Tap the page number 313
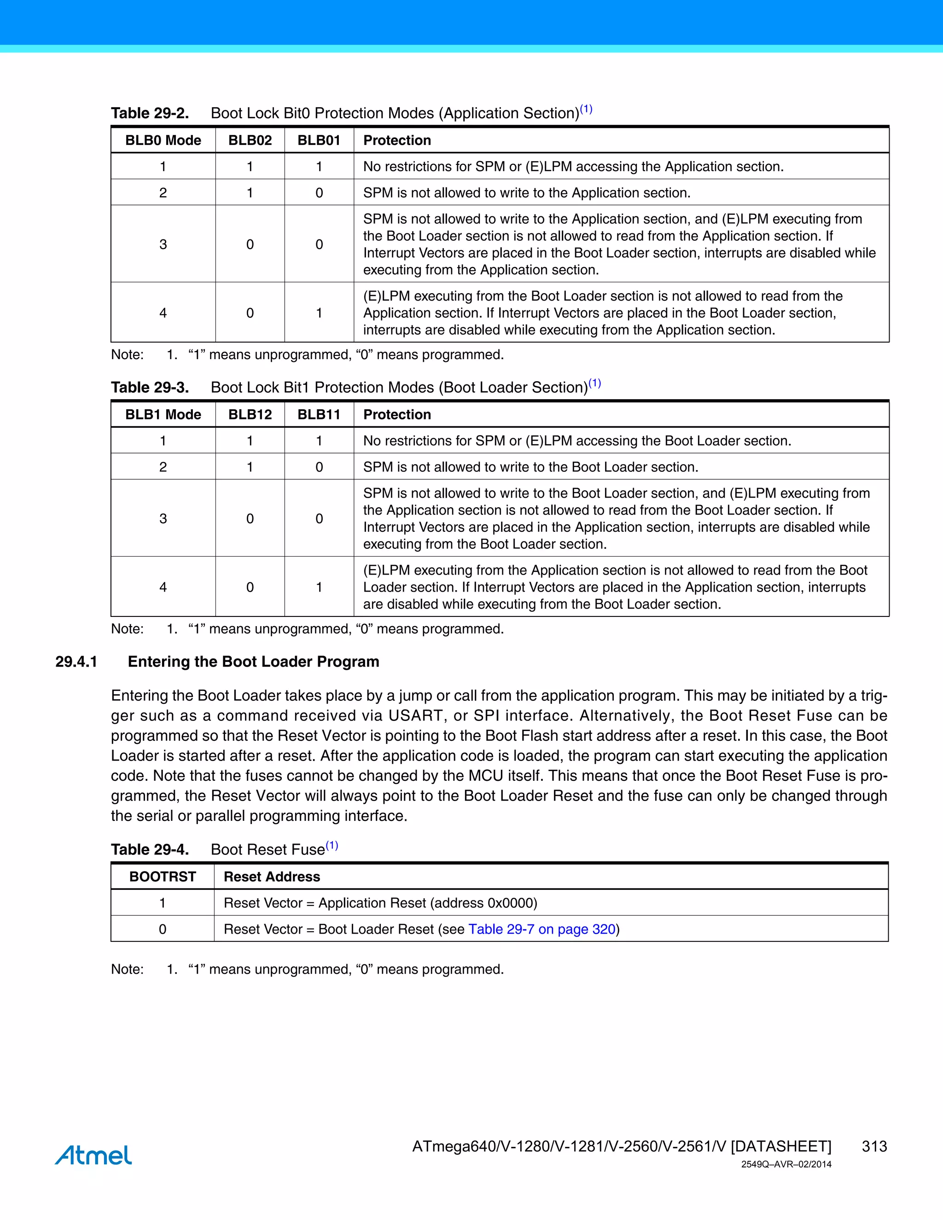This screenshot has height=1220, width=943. tap(874, 1146)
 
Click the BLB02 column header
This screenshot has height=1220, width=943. tap(250, 140)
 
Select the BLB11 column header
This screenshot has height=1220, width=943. tap(319, 414)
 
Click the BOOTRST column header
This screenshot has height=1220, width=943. tap(163, 877)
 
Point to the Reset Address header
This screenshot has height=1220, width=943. tap(272, 877)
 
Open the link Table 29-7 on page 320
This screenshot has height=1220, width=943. tap(541, 929)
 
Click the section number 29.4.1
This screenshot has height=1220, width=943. tap(76, 662)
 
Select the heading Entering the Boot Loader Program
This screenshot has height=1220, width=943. tap(253, 662)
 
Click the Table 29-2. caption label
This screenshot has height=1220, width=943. tap(150, 113)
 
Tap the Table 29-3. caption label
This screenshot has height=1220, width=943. tap(150, 388)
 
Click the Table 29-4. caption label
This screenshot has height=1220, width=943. tap(150, 850)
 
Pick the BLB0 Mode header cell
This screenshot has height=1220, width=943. tap(163, 140)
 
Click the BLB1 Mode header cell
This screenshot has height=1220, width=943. tap(163, 414)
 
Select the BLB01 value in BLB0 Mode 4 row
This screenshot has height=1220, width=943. tap(319, 313)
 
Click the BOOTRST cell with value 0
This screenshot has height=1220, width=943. tap(163, 929)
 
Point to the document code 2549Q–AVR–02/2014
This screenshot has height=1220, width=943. tap(786, 1164)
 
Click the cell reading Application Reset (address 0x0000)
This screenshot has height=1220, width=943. tap(380, 903)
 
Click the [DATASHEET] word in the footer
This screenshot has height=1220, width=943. tap(780, 1146)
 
